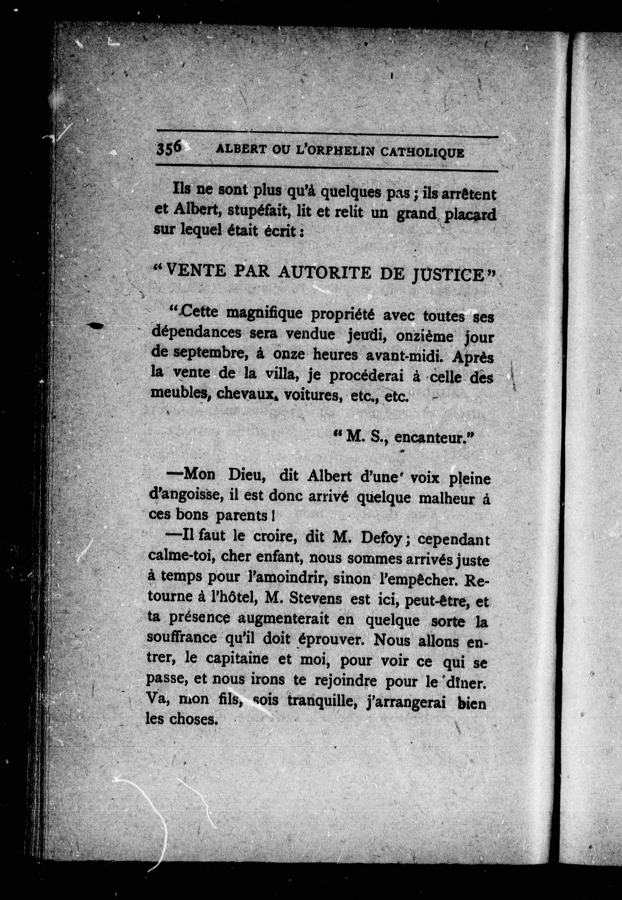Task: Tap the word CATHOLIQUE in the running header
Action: [422, 152]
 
